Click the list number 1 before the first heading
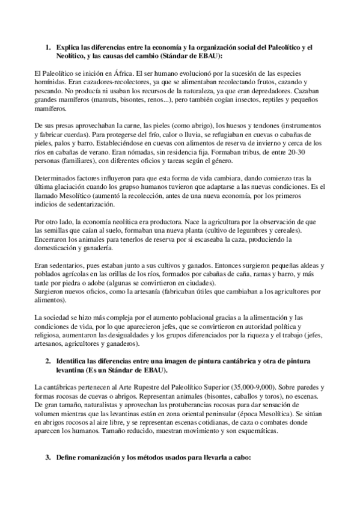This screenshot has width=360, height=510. pyautogui.click(x=48, y=46)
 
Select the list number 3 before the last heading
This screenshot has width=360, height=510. pyautogui.click(x=48, y=458)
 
